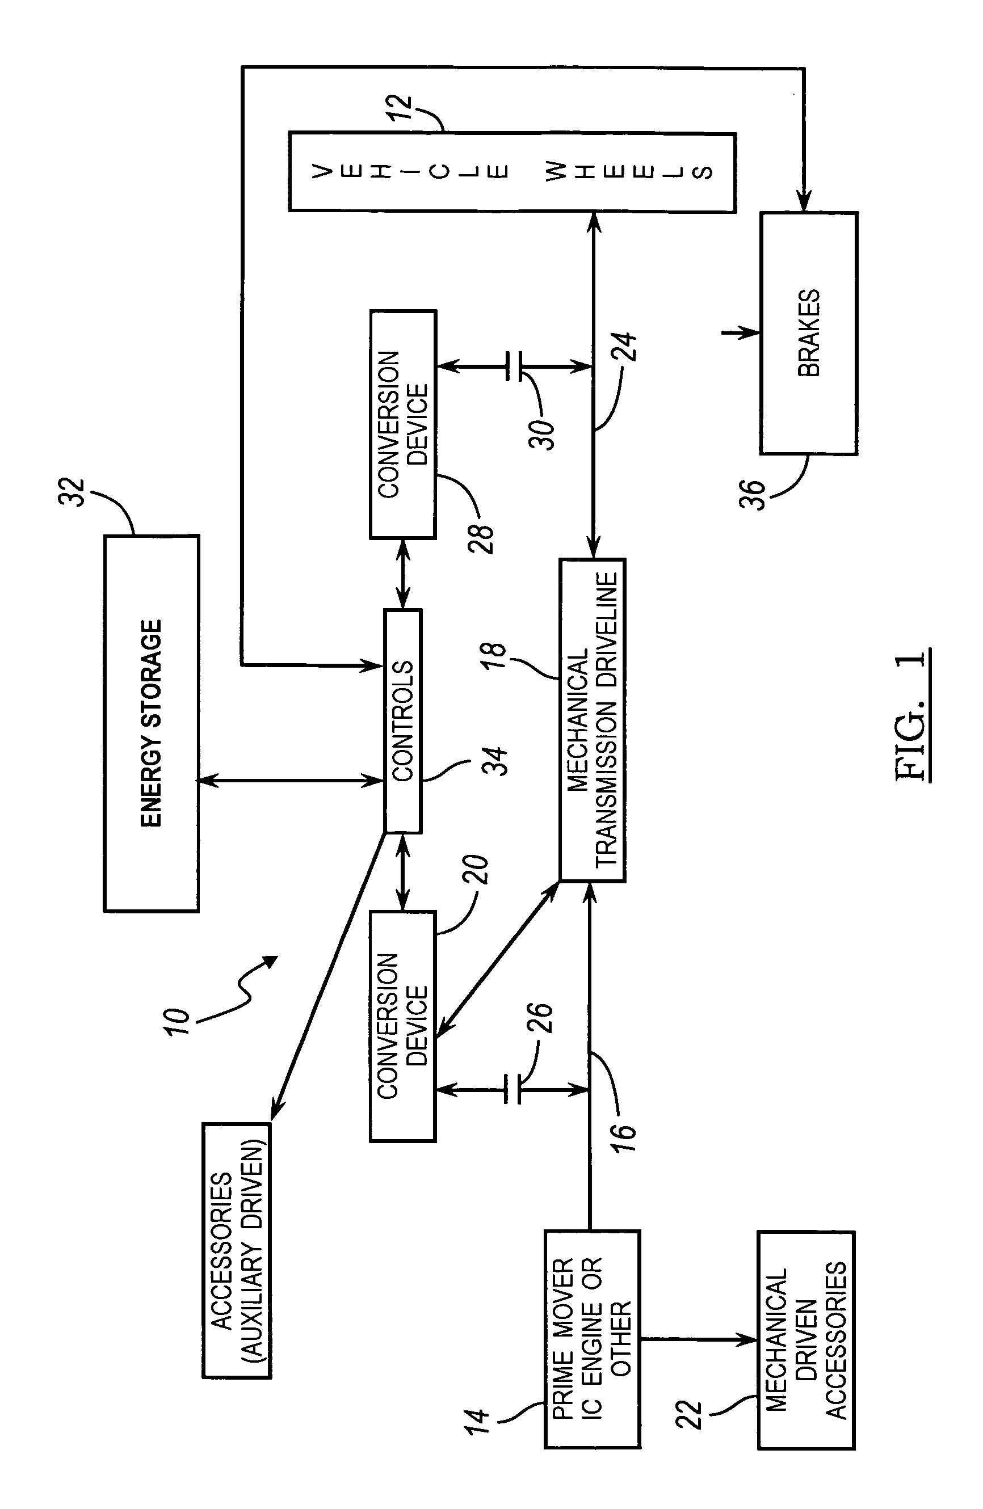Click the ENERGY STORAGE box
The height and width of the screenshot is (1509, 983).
tap(151, 723)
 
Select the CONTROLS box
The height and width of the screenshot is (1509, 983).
tap(403, 721)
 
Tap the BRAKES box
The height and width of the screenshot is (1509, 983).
tap(809, 334)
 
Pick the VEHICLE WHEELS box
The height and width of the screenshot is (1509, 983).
tap(512, 172)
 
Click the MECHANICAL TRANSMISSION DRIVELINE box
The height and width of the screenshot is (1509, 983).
tap(593, 720)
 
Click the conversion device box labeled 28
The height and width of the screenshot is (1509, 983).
tap(403, 424)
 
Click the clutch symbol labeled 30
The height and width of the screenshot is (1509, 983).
tap(514, 366)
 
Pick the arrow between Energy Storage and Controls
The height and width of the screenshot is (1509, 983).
tap(291, 781)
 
